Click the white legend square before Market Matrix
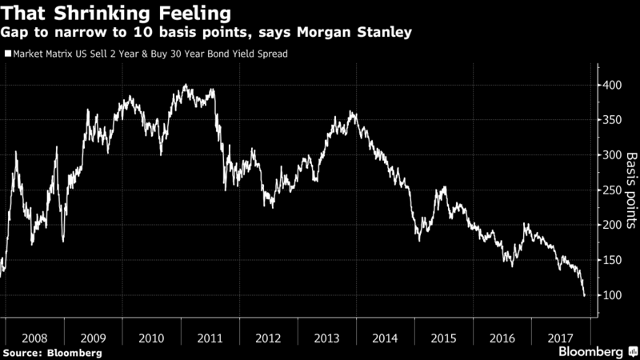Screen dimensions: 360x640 [7, 55]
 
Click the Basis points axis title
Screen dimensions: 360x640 [630, 190]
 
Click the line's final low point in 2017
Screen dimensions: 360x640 [585, 296]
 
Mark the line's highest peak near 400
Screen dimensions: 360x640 [186, 84]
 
